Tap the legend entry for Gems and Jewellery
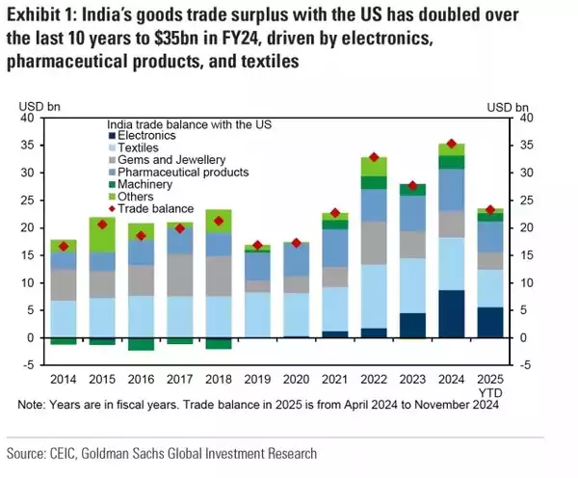click(161, 159)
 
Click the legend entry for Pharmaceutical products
click(174, 172)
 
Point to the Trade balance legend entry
click(153, 208)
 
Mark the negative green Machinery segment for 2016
click(142, 344)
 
